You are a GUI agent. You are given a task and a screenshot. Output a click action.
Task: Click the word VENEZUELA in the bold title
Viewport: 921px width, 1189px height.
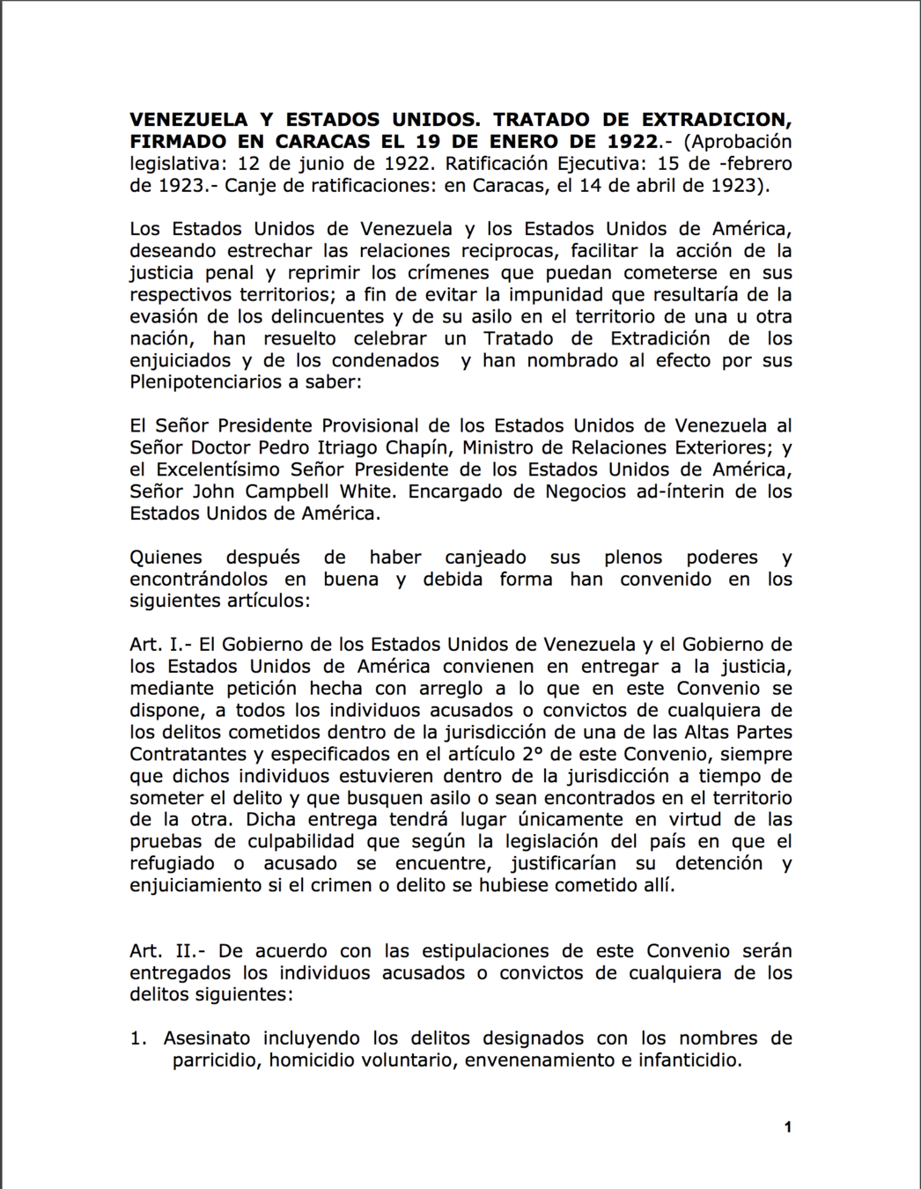click(188, 120)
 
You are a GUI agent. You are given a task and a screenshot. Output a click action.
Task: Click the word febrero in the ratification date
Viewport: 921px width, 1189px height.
click(756, 164)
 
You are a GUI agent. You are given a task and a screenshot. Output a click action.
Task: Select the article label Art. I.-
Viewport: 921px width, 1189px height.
click(161, 645)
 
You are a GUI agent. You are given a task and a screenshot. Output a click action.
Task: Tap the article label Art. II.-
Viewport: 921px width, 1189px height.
click(167, 951)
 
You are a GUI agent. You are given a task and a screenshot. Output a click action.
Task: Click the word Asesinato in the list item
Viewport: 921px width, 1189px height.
click(207, 1038)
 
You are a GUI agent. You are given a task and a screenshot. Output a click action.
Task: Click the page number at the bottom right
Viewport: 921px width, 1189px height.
click(788, 1127)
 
